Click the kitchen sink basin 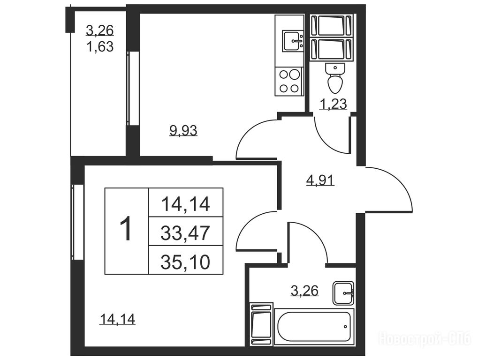tap(293, 41)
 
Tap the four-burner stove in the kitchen tap(289, 81)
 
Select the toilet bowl tap(335, 79)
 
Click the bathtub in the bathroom tap(314, 327)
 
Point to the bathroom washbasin tap(343, 293)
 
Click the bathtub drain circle tap(345, 327)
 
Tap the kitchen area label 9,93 tap(183, 131)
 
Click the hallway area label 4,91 tap(320, 180)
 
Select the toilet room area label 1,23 tap(333, 104)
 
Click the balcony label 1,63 tap(100, 47)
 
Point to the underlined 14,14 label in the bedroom tap(117, 319)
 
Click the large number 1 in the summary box tap(126, 229)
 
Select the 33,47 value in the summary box tap(185, 232)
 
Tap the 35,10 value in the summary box tap(185, 262)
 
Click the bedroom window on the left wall tap(77, 222)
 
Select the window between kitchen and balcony tap(133, 88)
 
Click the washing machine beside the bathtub tap(261, 324)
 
